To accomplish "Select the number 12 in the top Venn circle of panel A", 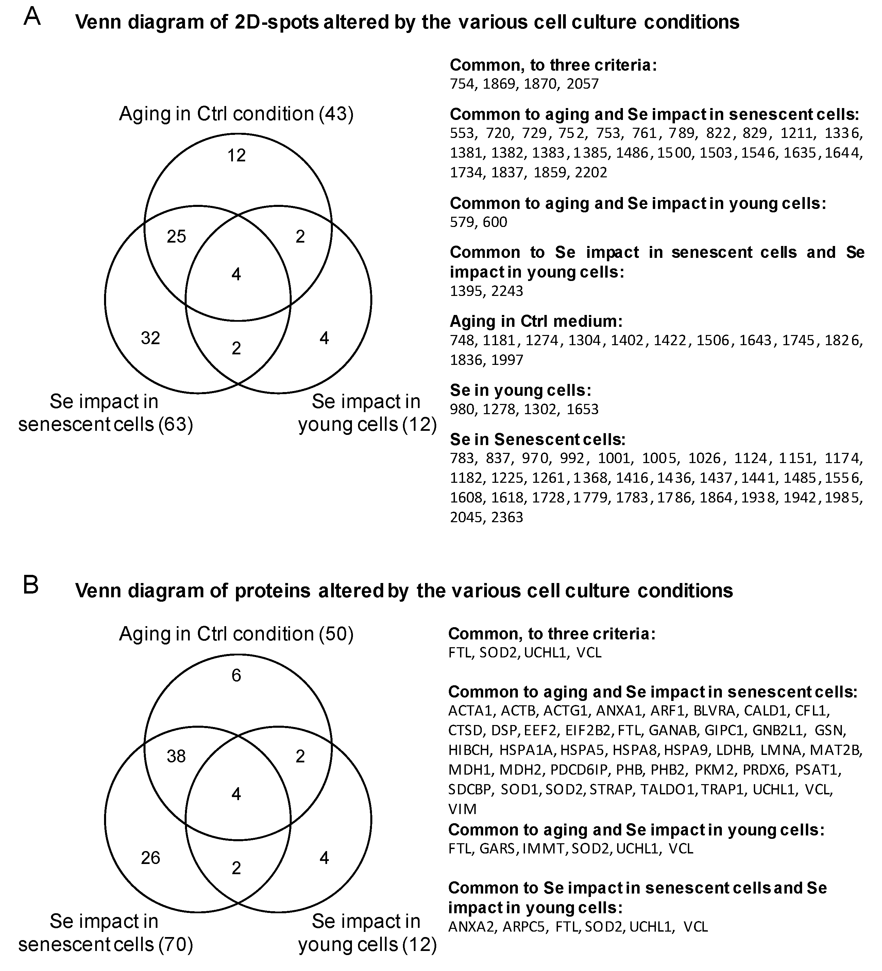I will [236, 155].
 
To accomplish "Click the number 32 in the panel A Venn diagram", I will [150, 338].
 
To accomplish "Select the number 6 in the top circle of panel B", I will [236, 675].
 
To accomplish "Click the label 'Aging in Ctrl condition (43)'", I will [236, 114].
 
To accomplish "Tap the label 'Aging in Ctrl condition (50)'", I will [236, 634].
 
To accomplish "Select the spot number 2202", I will [591, 173].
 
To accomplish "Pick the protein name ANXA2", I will [471, 927].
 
